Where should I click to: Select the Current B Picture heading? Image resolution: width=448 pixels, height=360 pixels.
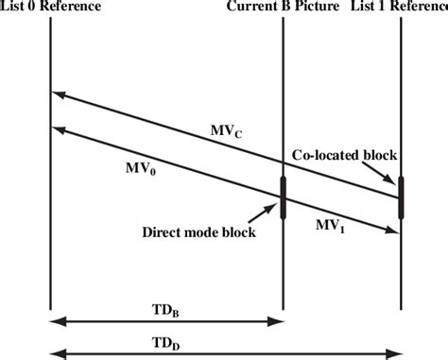(x=281, y=9)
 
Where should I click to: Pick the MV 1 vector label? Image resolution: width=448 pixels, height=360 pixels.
(x=330, y=226)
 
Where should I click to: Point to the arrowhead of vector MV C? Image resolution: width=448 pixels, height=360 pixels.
(x=57, y=94)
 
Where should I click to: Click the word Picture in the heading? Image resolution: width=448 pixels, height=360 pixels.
(x=309, y=9)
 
